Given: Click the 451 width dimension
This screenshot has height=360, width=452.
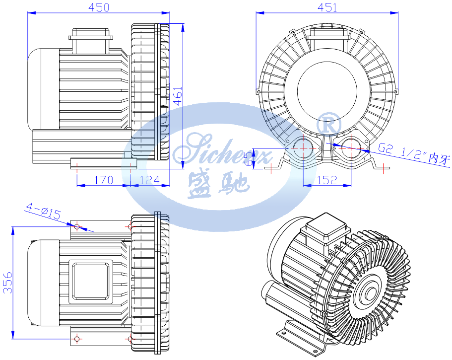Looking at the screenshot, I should point(327,7).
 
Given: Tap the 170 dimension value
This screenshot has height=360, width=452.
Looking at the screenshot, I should point(103,180).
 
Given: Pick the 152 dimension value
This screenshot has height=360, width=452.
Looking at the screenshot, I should point(326,180).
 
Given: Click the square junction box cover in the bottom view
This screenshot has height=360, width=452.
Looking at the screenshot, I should point(91,282).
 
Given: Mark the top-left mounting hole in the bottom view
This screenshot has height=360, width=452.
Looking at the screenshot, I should point(77,226).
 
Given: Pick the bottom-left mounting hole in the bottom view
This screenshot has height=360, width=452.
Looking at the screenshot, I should point(77,339).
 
